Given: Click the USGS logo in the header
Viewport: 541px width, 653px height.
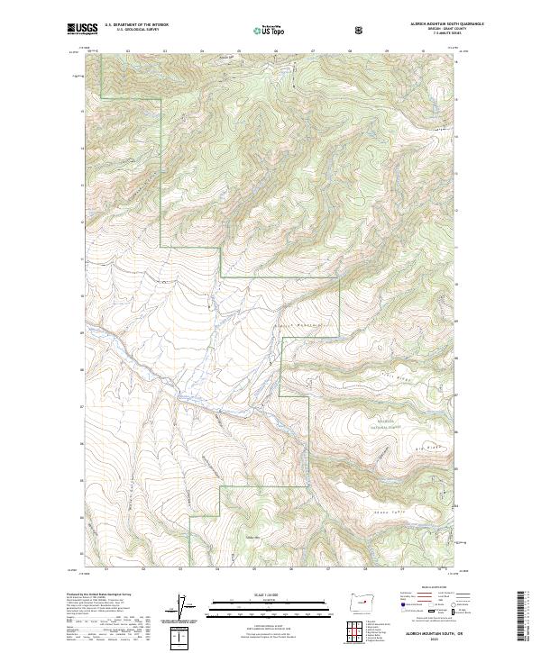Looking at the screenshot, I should pos(82,30).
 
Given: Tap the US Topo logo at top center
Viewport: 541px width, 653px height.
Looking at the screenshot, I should pos(261,30).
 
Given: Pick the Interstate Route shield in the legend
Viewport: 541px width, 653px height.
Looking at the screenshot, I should pos(408,611).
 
